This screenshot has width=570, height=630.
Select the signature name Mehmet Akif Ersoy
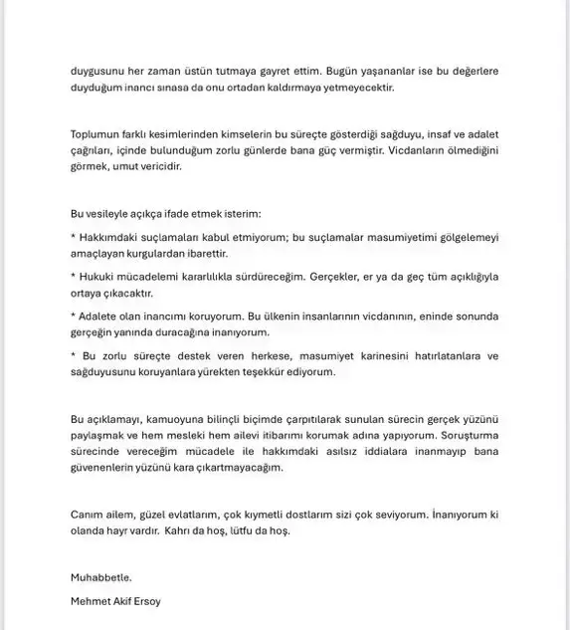[116, 600]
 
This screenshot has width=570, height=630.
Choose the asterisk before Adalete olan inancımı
[75, 315]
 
